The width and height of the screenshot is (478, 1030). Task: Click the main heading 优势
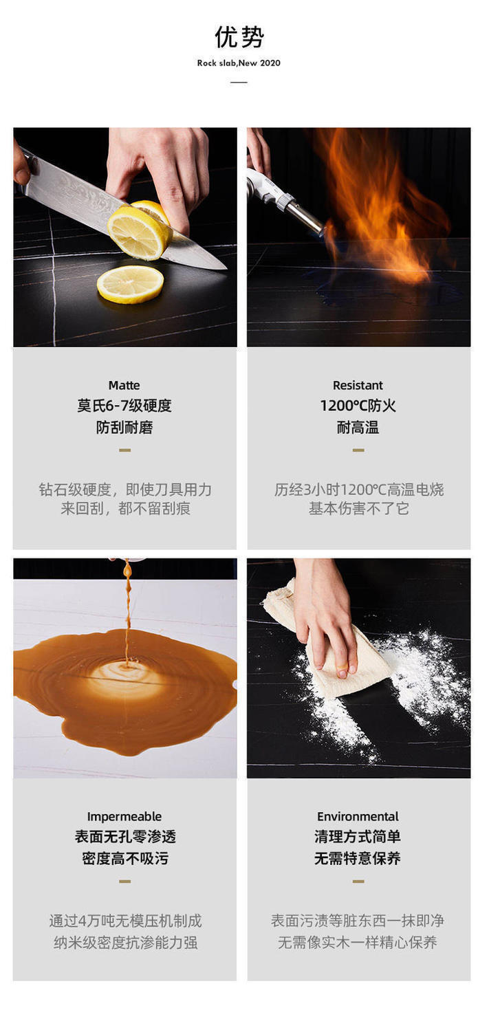pyautogui.click(x=239, y=37)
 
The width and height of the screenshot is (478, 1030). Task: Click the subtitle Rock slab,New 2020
pyautogui.click(x=239, y=63)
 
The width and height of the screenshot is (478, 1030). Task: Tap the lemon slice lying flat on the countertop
pyautogui.click(x=130, y=284)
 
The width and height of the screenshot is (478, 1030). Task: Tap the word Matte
pyautogui.click(x=124, y=385)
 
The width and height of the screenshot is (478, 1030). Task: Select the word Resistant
pyautogui.click(x=358, y=385)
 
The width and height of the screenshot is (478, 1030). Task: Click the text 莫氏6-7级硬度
pyautogui.click(x=124, y=406)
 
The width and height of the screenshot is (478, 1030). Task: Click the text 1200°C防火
pyautogui.click(x=358, y=406)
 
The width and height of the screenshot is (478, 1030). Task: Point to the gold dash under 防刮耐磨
pyautogui.click(x=124, y=450)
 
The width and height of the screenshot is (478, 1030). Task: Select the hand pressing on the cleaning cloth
pyautogui.click(x=327, y=611)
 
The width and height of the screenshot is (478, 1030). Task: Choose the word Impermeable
pyautogui.click(x=124, y=817)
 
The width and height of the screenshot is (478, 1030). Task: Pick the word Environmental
pyautogui.click(x=358, y=817)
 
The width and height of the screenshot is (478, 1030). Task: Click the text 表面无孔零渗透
pyautogui.click(x=125, y=837)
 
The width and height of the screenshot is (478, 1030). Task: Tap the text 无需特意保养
pyautogui.click(x=358, y=859)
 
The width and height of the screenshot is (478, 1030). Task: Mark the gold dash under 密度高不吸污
pyautogui.click(x=124, y=881)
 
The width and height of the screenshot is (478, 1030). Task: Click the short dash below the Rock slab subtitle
pyautogui.click(x=239, y=83)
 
